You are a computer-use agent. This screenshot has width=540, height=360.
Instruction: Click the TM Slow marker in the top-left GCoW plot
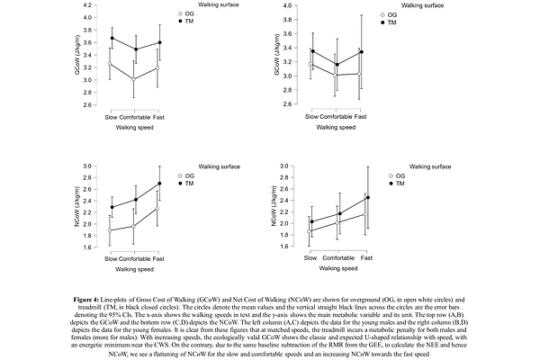[112, 39]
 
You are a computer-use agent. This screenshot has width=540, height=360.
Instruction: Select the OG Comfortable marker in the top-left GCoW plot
[135, 79]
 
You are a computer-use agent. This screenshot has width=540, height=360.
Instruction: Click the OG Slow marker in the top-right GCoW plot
[312, 65]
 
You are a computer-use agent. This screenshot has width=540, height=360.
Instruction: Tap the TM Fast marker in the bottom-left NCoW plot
[159, 184]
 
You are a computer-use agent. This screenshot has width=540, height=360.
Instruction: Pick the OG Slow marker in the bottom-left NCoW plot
[112, 230]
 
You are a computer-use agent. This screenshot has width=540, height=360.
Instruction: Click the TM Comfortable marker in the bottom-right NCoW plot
[338, 214]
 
